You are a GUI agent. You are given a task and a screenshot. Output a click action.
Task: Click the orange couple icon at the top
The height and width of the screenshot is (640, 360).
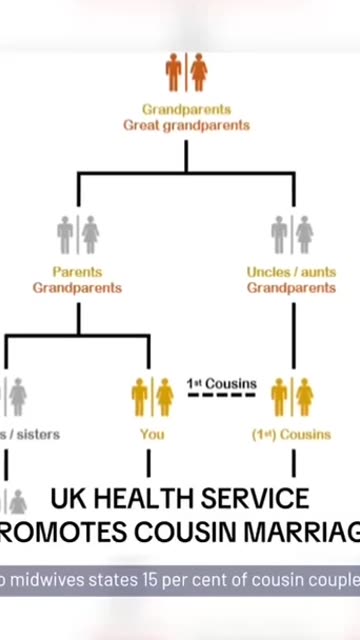187,72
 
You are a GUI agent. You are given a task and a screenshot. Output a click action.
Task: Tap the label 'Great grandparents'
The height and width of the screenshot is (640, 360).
187,126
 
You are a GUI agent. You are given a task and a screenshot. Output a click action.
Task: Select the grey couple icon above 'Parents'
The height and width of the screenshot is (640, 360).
78,234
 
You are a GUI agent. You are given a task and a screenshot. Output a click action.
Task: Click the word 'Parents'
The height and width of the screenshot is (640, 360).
78,272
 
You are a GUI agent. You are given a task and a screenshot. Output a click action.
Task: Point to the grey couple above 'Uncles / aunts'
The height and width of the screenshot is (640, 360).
292,234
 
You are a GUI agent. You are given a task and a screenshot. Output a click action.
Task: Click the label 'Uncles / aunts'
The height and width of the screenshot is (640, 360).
292,272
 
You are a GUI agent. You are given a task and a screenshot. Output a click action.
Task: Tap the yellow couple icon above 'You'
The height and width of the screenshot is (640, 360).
152,397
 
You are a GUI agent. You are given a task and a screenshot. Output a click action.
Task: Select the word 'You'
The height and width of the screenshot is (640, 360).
152,434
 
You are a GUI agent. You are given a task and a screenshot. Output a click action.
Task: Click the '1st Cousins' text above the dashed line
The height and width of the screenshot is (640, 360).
221,383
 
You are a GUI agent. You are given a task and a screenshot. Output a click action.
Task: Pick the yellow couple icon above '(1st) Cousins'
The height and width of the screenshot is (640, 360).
292,397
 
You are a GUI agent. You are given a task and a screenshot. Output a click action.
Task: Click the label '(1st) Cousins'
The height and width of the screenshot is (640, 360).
292,434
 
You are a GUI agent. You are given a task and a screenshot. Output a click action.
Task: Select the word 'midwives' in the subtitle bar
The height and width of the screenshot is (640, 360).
45,579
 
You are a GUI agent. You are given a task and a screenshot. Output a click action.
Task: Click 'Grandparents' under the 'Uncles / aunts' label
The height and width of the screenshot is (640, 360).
292,288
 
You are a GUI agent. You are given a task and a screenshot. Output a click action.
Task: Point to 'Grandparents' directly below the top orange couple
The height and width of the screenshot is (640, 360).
187,109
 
